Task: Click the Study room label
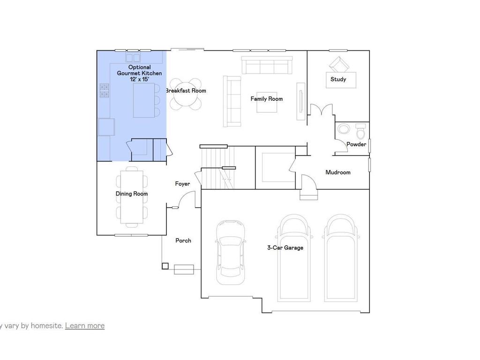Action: tap(338, 79)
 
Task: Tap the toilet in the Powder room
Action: tap(360, 131)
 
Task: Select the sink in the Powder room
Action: tap(345, 130)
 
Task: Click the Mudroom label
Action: tap(338, 172)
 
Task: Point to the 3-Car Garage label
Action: tap(285, 247)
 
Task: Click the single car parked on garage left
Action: tap(231, 253)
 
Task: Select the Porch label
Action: tap(183, 240)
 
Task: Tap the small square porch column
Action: tap(165, 266)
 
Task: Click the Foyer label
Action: tap(182, 184)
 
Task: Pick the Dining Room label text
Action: tap(132, 194)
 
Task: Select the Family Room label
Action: tap(266, 99)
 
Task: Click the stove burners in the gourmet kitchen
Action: tap(104, 90)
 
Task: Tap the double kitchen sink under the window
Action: tap(133, 58)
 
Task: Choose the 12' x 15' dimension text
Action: tap(139, 80)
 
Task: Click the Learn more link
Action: tap(84, 325)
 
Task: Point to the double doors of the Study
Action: tap(321, 111)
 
